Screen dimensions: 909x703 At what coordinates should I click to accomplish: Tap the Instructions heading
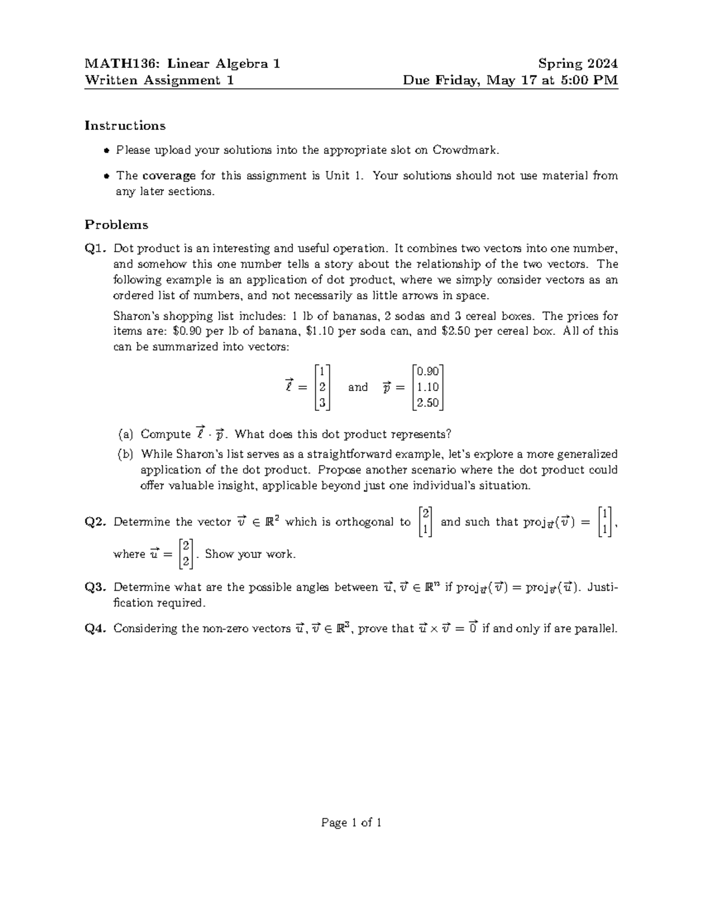point(125,126)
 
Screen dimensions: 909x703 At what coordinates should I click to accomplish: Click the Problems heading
point(117,225)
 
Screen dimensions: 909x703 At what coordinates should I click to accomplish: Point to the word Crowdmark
point(465,150)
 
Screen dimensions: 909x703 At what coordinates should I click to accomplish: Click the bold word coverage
point(169,176)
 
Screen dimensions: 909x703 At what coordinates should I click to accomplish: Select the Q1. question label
point(96,249)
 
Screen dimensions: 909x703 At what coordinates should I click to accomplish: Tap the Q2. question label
point(96,522)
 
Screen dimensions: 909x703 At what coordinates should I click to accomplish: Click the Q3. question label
point(96,587)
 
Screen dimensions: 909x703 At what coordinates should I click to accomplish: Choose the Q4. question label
point(96,629)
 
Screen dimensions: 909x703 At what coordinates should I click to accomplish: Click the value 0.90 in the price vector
point(428,371)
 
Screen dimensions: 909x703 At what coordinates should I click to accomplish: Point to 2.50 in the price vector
point(428,403)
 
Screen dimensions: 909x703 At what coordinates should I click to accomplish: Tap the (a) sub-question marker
point(125,434)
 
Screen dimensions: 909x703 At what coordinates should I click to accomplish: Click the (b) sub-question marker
point(125,454)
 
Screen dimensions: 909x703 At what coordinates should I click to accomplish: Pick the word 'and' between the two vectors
point(358,387)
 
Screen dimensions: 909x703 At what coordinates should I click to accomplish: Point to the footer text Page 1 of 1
point(351,823)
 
